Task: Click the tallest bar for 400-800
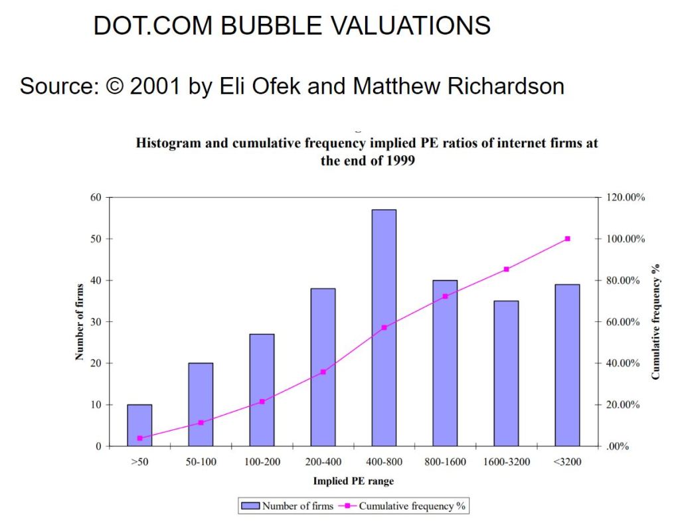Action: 384,328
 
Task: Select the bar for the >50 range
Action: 139,425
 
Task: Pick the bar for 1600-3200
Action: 506,374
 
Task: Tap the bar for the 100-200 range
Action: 262,390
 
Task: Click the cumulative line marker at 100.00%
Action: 567,238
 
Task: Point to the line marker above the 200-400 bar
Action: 323,372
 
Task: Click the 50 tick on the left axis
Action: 96,238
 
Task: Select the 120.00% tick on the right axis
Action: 627,197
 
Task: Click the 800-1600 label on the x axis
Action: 445,462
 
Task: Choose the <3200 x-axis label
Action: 567,462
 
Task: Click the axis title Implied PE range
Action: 353,481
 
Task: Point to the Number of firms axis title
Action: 79,321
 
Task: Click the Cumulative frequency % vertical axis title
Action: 656,322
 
